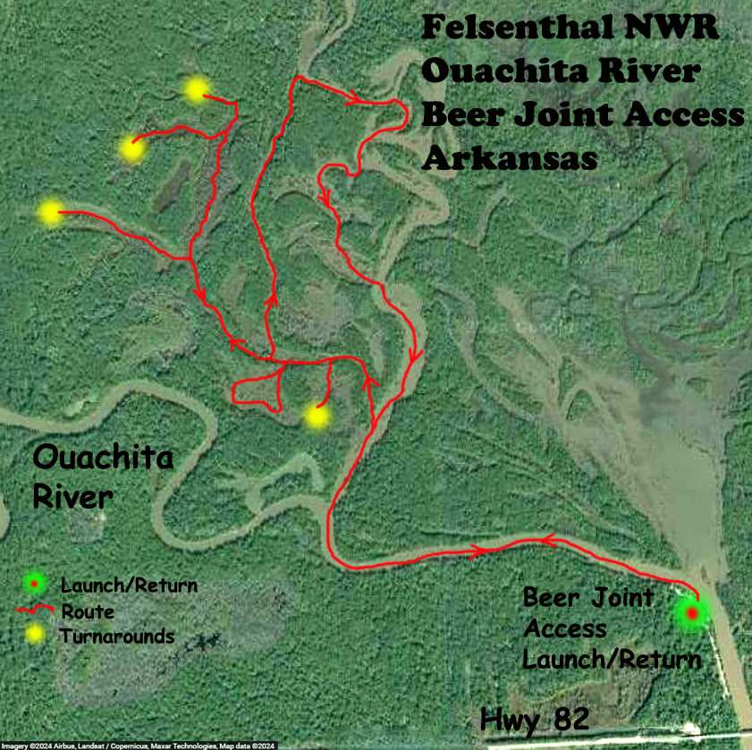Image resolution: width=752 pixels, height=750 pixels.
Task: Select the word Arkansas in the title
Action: coord(509,159)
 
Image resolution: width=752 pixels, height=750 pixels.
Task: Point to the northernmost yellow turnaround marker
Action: coord(196,90)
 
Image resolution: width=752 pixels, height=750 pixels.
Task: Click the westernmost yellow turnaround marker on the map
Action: coord(50,212)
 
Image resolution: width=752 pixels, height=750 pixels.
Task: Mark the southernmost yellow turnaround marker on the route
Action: coord(316,416)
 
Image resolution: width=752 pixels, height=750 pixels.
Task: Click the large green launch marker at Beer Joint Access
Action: coord(691,614)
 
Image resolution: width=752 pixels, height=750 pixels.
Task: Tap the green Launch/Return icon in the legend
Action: coord(34,585)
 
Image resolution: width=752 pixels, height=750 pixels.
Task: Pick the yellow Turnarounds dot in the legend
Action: coord(34,636)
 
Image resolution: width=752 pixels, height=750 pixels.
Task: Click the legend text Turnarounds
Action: coord(117,636)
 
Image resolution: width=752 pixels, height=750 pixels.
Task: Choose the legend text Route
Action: coord(88,611)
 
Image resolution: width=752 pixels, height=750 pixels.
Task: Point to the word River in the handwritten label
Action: coord(72,496)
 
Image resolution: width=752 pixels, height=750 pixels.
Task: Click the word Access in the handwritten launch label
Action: coord(565,629)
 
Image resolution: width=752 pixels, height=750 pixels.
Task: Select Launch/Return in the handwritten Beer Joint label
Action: coord(612,661)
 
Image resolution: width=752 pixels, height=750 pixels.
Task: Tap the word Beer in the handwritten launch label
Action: coord(549,597)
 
